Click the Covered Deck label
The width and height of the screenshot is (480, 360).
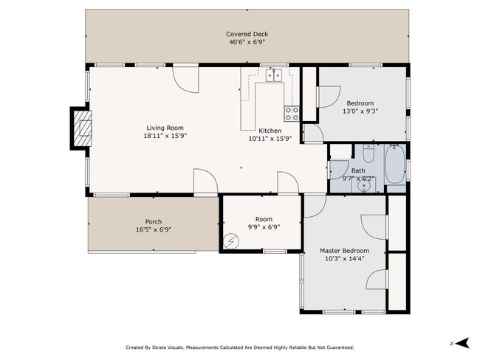[247, 34]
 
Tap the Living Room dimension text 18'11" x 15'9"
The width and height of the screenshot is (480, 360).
[165, 136]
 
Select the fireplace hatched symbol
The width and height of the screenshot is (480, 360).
[83, 128]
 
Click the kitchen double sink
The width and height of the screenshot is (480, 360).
[274, 75]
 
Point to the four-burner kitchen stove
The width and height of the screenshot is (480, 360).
[292, 114]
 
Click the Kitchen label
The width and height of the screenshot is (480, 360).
[270, 131]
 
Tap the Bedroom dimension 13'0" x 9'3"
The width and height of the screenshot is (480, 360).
[360, 111]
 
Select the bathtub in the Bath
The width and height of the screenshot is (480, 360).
[395, 165]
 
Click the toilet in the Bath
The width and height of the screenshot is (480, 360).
[368, 153]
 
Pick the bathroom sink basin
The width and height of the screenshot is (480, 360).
[364, 186]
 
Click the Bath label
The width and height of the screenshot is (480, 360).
[358, 170]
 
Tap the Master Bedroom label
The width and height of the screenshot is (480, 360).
[344, 251]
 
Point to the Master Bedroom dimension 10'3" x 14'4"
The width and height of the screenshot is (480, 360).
[344, 259]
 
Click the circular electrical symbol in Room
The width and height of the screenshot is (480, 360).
[231, 242]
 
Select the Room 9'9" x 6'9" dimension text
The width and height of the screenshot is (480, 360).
[264, 227]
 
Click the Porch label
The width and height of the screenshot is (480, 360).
[154, 222]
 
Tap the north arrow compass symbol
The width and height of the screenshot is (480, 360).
[462, 343]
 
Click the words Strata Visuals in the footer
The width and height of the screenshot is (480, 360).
[168, 347]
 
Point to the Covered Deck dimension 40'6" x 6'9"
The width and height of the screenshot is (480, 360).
[247, 42]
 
